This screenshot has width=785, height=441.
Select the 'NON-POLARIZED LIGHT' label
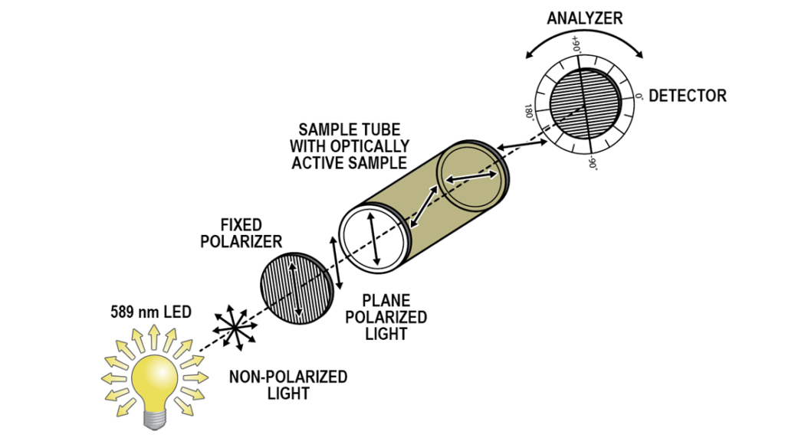(x=287, y=385)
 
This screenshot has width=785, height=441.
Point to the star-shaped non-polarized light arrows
(x=236, y=326)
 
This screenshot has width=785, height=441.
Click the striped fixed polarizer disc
(x=298, y=287)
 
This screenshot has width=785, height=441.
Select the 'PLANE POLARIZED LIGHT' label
(x=386, y=317)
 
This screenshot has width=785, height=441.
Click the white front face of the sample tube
(x=373, y=240)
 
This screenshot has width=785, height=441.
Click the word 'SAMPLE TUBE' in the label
(x=350, y=129)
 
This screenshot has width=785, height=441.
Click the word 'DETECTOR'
(x=687, y=96)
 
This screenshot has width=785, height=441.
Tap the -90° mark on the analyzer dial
(x=592, y=162)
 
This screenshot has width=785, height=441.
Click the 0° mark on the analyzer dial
(x=638, y=97)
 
